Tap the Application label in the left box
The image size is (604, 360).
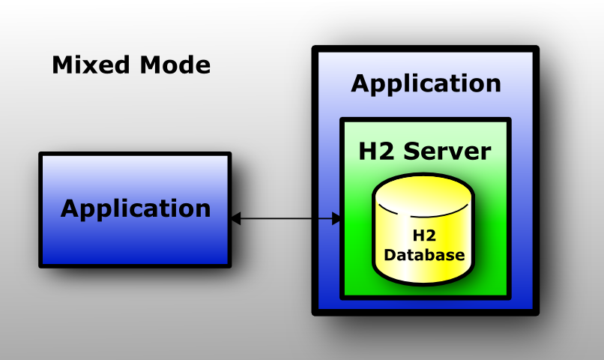coord(136,208)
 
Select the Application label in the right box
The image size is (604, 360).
coord(426,83)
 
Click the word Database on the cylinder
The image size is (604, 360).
coord(424,255)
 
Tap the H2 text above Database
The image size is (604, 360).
coord(424,236)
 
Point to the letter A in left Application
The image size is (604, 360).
coord(70,208)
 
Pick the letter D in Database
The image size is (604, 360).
coord(390,255)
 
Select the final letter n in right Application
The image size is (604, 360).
coord(493,83)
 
